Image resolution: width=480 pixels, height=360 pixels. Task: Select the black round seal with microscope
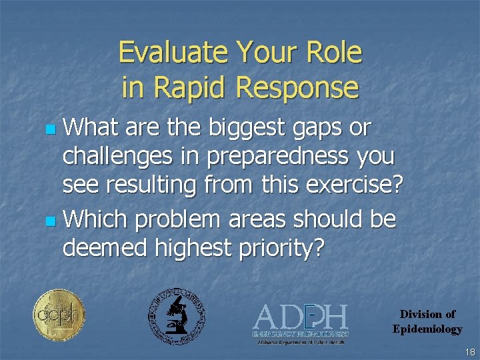point(176,316)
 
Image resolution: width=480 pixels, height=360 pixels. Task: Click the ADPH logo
point(300,322)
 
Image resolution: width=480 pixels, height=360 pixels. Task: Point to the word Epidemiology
point(427,329)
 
